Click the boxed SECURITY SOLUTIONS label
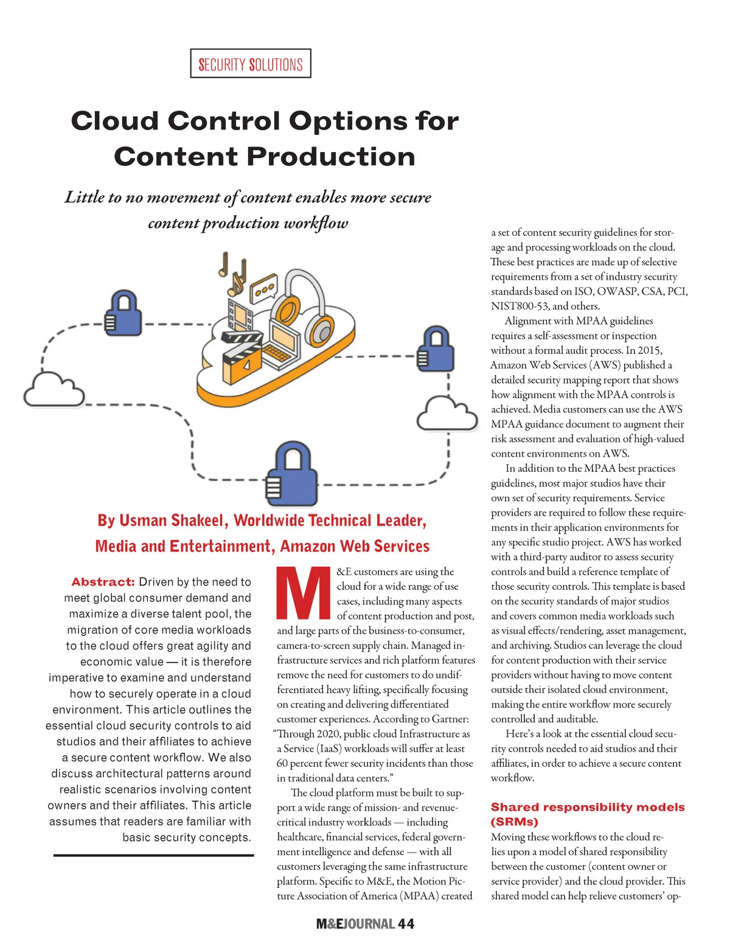point(251,64)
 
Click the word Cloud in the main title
point(114,121)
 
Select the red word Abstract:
point(103,582)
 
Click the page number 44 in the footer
point(406,924)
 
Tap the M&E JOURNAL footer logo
point(355,924)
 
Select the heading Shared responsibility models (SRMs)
point(587,814)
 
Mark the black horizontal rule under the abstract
point(153,856)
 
